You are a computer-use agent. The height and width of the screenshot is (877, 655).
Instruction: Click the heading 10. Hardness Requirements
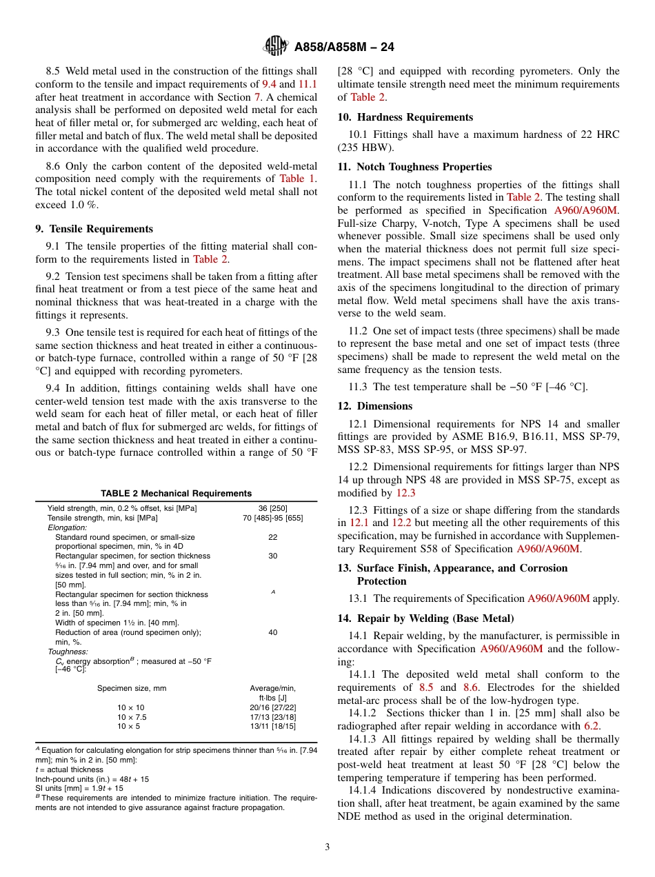(x=405, y=117)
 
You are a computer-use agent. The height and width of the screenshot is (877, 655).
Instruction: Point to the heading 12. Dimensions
(x=375, y=406)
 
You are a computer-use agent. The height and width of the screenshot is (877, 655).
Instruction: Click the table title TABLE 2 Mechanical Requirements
(x=176, y=493)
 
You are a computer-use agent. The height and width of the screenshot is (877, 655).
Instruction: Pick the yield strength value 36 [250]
(x=272, y=508)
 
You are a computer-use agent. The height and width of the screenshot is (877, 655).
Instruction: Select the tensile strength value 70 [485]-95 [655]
(x=272, y=518)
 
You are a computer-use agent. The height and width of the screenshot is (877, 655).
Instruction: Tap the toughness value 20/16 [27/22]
(x=272, y=707)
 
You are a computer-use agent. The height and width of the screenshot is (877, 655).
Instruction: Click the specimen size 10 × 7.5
(x=131, y=717)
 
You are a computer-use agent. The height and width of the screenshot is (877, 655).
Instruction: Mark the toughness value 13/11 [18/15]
(x=272, y=727)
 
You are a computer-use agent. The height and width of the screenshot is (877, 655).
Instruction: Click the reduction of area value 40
(x=272, y=632)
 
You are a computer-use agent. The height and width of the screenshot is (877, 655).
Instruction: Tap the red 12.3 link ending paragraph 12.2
(x=405, y=493)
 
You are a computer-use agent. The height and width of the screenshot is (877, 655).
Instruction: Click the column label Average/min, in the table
(x=272, y=688)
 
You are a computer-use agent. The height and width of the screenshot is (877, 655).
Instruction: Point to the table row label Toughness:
(x=68, y=651)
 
